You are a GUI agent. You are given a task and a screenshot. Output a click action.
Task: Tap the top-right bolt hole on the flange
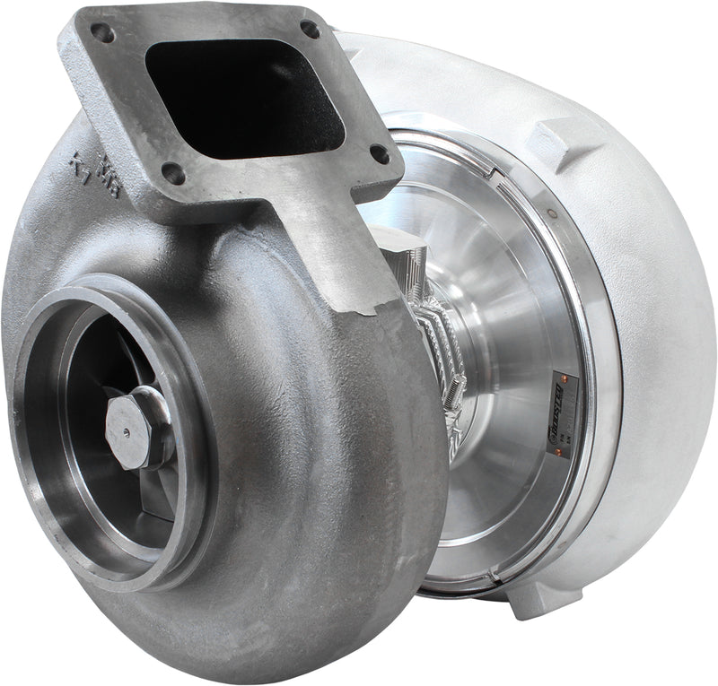coord(310,29)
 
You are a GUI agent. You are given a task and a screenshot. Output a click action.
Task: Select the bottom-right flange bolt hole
coord(380,153)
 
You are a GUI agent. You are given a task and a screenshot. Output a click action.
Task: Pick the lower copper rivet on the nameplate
coord(560,453)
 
